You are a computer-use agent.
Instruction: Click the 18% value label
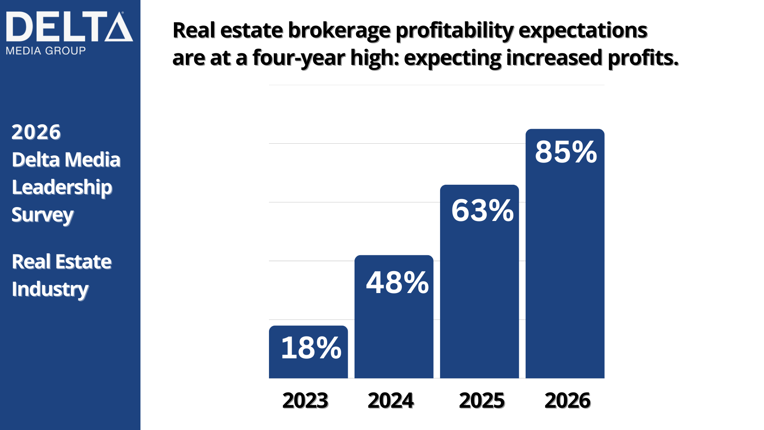click(311, 348)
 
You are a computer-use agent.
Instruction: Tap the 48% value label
click(397, 283)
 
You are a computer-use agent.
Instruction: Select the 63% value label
click(482, 211)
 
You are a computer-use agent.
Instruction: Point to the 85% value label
click(565, 152)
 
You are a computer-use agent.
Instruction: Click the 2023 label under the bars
click(305, 400)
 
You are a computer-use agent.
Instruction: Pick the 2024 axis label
click(391, 400)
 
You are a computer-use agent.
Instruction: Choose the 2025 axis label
click(482, 400)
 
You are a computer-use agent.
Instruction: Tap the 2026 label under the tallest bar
click(567, 400)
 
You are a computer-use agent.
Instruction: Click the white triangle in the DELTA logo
click(119, 28)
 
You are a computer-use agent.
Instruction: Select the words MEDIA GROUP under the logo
click(46, 51)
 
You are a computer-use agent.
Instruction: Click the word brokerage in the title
click(339, 31)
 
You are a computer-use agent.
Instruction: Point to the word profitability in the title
click(455, 31)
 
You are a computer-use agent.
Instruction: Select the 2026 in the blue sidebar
click(36, 132)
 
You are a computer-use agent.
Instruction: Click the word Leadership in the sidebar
click(62, 188)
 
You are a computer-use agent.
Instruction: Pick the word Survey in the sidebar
click(43, 215)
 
